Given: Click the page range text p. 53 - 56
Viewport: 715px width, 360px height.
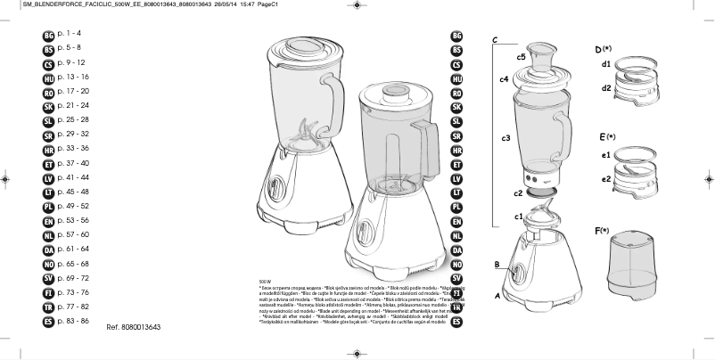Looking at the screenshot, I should pyautogui.click(x=71, y=219).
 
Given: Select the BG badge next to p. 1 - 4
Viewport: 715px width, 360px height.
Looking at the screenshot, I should pyautogui.click(x=48, y=35).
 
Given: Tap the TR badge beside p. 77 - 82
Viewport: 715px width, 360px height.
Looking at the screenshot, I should pyautogui.click(x=48, y=306).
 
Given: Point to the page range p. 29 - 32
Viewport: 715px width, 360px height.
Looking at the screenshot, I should pyautogui.click(x=71, y=134).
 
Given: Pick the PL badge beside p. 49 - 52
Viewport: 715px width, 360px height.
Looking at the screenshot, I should pyautogui.click(x=48, y=206).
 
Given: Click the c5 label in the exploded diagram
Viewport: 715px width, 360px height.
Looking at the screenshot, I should pyautogui.click(x=521, y=57).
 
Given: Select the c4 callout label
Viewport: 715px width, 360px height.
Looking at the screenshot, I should pyautogui.click(x=504, y=80).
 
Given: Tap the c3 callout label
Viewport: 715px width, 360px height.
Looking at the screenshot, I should pyautogui.click(x=505, y=139).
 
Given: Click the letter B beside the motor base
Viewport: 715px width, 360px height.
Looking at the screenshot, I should pyautogui.click(x=497, y=265).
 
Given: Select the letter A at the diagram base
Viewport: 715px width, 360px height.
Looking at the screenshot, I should pyautogui.click(x=497, y=294).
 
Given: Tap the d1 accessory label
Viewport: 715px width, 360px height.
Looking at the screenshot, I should pyautogui.click(x=605, y=64).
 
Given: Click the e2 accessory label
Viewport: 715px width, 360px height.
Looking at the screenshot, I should pyautogui.click(x=605, y=179).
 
